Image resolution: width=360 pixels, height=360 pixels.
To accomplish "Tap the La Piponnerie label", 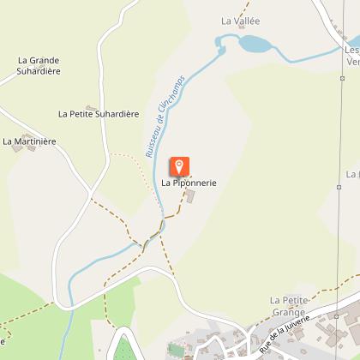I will [x=189, y=183].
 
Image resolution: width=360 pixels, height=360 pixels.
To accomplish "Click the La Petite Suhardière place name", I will [x=99, y=113].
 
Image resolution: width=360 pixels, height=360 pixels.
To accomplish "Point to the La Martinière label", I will [x=30, y=141].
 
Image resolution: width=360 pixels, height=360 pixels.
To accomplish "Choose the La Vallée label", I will [x=240, y=21].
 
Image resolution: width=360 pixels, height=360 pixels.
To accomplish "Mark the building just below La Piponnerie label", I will [x=190, y=197].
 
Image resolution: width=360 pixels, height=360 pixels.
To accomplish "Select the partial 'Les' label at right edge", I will [x=352, y=50].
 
